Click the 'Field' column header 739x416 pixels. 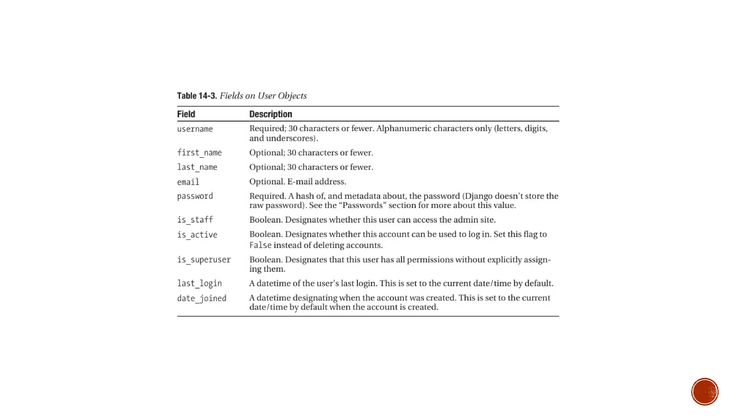(x=186, y=114)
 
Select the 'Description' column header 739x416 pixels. (x=271, y=114)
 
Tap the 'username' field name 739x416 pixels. (x=195, y=129)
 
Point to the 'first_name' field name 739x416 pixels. (x=199, y=153)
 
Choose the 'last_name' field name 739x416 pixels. (x=197, y=167)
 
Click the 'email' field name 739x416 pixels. (x=188, y=182)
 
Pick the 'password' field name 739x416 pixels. (x=195, y=196)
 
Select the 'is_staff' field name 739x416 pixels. (x=195, y=220)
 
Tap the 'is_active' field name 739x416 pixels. (x=197, y=235)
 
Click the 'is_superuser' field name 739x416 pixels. (x=204, y=260)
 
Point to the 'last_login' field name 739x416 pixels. (x=199, y=283)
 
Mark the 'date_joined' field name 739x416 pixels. (x=202, y=298)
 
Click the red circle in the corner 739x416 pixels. (x=705, y=392)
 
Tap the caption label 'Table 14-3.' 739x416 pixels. (x=197, y=96)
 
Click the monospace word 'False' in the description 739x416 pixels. (x=260, y=245)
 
